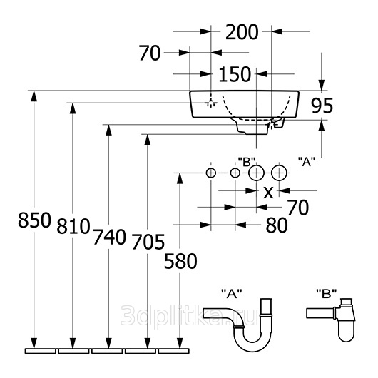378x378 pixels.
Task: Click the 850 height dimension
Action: pos(35,220)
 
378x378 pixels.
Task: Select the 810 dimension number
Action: pos(73,226)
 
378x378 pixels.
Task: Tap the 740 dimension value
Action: pos(110,237)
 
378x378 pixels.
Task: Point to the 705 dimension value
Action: pos(148,242)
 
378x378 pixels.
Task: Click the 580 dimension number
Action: pos(180,261)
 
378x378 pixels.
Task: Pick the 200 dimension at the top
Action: pos(242,32)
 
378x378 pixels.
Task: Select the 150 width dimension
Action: pos(235,74)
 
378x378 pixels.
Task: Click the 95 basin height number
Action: pos(322,106)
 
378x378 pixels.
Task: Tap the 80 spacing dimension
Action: pos(277,225)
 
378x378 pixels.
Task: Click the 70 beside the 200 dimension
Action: pos(150,53)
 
